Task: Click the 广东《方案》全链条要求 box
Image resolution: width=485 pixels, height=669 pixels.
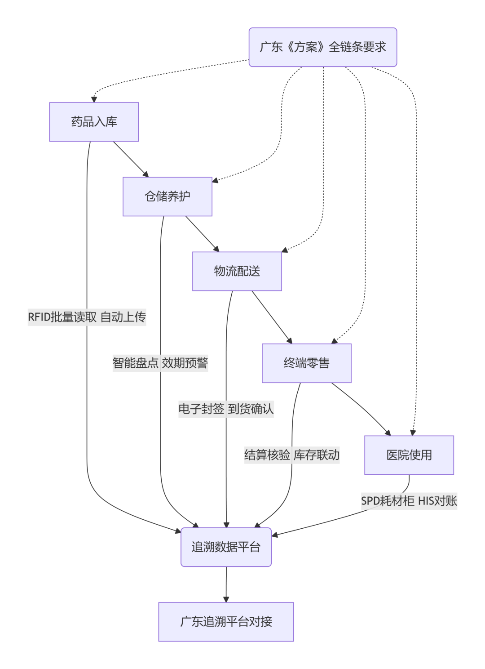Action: pos(323,47)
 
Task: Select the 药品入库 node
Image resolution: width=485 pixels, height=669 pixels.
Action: pos(94,122)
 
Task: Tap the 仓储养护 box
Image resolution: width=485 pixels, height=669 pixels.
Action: pos(168,196)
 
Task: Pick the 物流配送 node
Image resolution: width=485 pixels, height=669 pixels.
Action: pos(237,271)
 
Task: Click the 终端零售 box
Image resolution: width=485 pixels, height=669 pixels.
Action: pos(307,363)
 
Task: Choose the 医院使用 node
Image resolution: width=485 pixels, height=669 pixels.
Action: pos(409,455)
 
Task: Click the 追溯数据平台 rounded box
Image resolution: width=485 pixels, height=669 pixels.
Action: pos(226,547)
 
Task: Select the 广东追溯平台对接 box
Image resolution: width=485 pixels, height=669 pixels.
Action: pos(226,622)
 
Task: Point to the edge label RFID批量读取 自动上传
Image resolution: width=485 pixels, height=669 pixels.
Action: pos(87,317)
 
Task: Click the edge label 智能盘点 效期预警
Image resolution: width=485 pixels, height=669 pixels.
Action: pos(160,363)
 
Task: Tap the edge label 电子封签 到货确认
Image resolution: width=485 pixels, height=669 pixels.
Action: pos(226,409)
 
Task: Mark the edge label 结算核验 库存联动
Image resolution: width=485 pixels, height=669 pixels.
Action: pos(292,455)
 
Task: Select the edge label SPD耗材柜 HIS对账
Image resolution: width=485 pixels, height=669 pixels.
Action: pos(409,501)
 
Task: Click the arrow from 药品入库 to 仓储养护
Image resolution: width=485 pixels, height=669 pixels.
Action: pos(131,159)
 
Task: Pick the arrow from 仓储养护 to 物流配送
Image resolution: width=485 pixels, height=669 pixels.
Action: pos(202,234)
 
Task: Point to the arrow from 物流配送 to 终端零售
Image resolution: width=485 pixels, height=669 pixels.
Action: pos(272,317)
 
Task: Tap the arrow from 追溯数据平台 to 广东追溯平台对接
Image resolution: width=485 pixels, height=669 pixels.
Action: pos(226,584)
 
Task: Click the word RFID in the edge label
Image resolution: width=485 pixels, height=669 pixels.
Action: pos(39,317)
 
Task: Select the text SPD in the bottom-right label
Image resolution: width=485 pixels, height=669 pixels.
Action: pos(370,501)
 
